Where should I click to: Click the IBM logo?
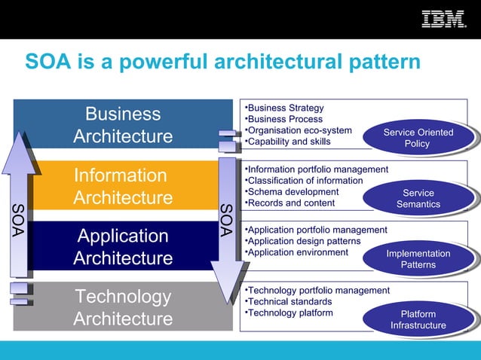pos(443,19)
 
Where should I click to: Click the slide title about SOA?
pos(222,61)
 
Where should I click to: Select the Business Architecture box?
pos(123,125)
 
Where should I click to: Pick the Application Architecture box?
pos(123,247)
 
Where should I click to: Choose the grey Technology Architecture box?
pos(123,307)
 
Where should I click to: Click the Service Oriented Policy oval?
pos(418,138)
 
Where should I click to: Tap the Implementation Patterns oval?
pos(418,259)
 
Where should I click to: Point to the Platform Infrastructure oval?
pos(418,319)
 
